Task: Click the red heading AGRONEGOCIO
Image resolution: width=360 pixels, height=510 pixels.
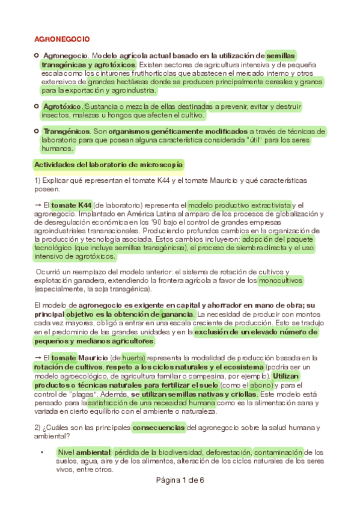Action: (62, 39)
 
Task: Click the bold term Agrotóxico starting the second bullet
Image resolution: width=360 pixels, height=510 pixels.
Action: (62, 106)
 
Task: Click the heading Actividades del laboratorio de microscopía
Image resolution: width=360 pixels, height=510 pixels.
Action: (109, 164)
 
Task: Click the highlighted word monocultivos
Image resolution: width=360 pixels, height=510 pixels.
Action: (281, 280)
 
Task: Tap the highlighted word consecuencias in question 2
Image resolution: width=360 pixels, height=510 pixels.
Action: (159, 428)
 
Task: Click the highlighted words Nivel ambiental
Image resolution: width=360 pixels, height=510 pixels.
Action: (84, 452)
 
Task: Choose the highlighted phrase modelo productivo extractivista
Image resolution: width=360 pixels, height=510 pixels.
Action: (240, 205)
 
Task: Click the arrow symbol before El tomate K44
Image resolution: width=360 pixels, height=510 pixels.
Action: (38, 205)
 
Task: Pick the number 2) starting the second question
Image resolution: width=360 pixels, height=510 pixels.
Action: (39, 428)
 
